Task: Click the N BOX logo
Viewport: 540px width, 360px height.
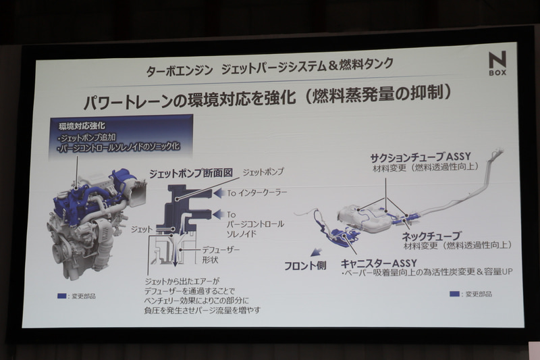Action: (497, 65)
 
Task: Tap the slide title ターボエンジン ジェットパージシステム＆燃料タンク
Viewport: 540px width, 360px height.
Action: (270, 68)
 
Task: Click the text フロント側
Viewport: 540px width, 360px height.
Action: (306, 265)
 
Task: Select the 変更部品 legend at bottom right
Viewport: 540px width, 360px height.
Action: (473, 294)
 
